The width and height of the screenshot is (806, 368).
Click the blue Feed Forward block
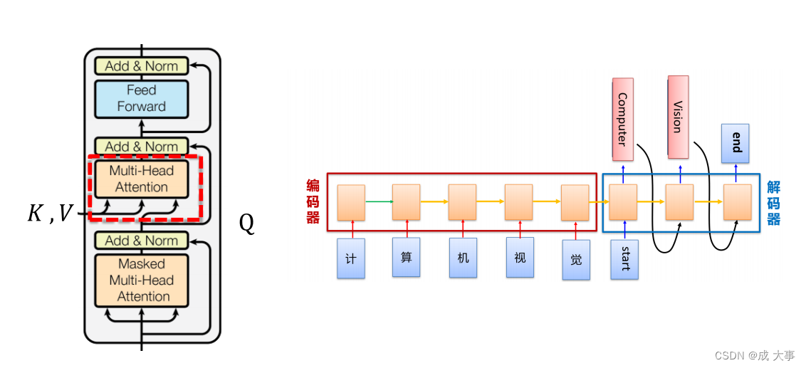coord(141,99)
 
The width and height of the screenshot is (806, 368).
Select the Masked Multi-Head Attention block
coord(141,280)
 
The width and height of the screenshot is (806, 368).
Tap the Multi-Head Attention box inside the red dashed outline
coord(141,179)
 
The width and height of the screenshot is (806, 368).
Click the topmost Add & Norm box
coord(141,66)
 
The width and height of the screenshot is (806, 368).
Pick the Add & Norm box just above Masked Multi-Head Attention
coord(141,241)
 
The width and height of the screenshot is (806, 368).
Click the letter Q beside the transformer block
coord(246,224)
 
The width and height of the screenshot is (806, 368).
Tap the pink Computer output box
coord(622,119)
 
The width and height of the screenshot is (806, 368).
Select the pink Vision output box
coord(677,117)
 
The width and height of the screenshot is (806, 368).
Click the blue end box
coord(736,142)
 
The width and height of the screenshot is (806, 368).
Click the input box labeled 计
coord(350,258)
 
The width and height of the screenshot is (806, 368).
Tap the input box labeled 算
coord(406,257)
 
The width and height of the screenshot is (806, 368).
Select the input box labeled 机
coord(462,258)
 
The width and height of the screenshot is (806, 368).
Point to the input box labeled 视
coord(520,257)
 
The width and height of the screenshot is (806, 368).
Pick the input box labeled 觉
coord(575,259)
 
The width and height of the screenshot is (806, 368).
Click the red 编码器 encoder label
coord(313,202)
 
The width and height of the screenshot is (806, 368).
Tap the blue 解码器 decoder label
coord(774,202)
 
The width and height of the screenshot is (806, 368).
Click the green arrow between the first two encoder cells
coord(378,201)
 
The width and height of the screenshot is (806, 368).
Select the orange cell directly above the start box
coord(623,202)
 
